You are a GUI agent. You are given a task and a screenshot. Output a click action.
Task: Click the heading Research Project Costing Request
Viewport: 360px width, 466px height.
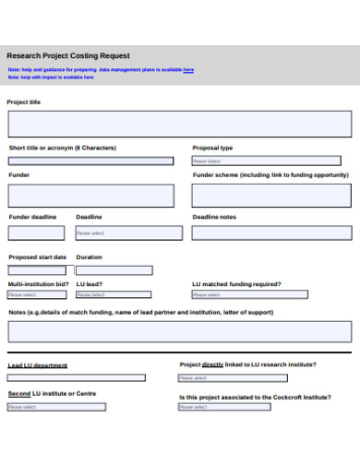tap(68, 56)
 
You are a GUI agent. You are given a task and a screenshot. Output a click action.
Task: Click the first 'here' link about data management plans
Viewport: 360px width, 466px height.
tap(188, 69)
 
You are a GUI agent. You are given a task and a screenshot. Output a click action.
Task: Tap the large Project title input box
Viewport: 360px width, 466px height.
tap(180, 125)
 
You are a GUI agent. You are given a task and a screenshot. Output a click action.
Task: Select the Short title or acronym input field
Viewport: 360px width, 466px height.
tap(90, 161)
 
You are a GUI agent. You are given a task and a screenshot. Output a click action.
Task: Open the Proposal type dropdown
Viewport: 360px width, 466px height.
tap(271, 161)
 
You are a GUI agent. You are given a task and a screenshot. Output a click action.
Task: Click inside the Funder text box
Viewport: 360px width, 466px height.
tap(90, 196)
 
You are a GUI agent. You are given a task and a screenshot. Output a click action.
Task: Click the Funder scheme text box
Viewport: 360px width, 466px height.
tap(271, 196)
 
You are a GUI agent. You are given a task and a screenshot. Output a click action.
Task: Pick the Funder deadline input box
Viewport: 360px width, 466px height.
tap(36, 233)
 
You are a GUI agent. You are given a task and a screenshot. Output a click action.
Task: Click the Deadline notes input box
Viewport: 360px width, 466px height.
tap(271, 233)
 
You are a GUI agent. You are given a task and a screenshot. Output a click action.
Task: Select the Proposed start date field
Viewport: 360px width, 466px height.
tap(36, 270)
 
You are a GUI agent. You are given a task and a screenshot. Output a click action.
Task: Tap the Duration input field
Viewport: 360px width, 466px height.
tap(114, 270)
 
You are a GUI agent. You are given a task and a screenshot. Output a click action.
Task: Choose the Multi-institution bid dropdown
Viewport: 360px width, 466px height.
tap(36, 294)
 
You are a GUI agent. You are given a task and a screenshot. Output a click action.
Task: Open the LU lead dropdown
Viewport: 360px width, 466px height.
tap(114, 294)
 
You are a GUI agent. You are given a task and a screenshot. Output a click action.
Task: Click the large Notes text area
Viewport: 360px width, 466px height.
tap(180, 331)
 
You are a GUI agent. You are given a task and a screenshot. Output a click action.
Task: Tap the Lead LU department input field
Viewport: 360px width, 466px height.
tap(76, 377)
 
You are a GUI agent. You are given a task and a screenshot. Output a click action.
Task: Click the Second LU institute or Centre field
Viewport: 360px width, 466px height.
tap(76, 406)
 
